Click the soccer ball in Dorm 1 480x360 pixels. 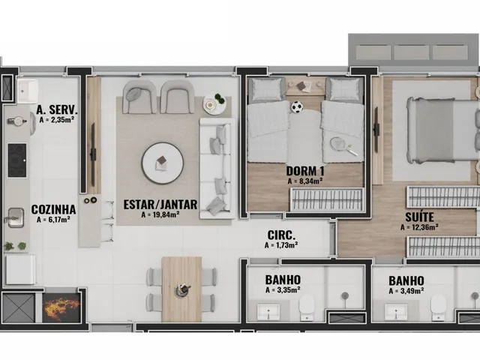(x=297, y=106)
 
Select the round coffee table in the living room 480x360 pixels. (x=162, y=163)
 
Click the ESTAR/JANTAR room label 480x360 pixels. (x=160, y=204)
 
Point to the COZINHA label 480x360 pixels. (x=53, y=210)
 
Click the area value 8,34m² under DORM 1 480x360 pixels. (x=305, y=181)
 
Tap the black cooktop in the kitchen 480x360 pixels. (x=17, y=160)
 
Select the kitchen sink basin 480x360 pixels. (x=16, y=217)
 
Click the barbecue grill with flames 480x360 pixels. (x=61, y=307)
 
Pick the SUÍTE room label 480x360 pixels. (x=419, y=217)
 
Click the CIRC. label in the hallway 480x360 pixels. (x=281, y=235)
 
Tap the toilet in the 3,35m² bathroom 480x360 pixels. (x=307, y=306)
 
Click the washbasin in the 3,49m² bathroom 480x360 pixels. (x=396, y=312)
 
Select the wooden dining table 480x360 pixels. (x=181, y=289)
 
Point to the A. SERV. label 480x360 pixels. (x=57, y=109)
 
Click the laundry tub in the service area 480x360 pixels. (x=28, y=91)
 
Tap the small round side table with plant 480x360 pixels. (x=214, y=103)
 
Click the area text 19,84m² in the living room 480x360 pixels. (x=160, y=214)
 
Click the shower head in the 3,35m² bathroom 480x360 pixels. (x=345, y=295)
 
